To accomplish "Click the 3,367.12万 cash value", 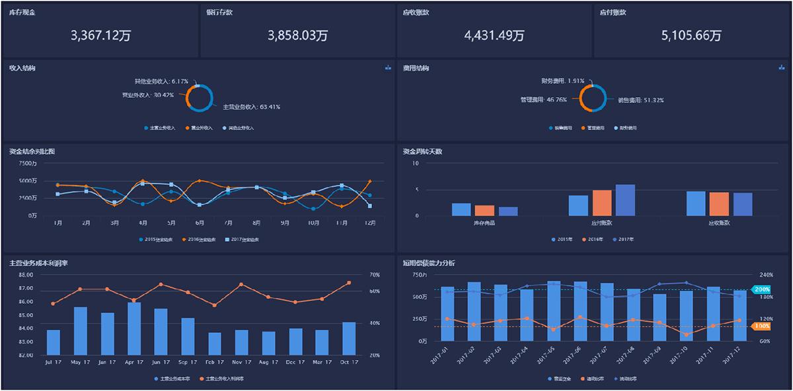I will (x=100, y=36).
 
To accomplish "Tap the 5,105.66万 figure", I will (x=691, y=36).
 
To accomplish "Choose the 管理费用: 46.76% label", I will (x=547, y=100).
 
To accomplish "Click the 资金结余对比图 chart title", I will (x=32, y=151).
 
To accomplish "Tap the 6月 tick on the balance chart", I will (x=200, y=223).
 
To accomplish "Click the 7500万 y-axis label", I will (x=29, y=163).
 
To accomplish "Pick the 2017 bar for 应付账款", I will (x=625, y=200).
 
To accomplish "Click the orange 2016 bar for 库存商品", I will (x=484, y=210).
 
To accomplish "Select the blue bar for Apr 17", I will (x=134, y=328).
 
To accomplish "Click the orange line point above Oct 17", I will (x=348, y=283).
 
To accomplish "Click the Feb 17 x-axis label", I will (x=215, y=362).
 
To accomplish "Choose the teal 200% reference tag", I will (x=763, y=289).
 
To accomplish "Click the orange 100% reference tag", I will (x=763, y=326).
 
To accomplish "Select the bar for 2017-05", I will (x=554, y=310).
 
